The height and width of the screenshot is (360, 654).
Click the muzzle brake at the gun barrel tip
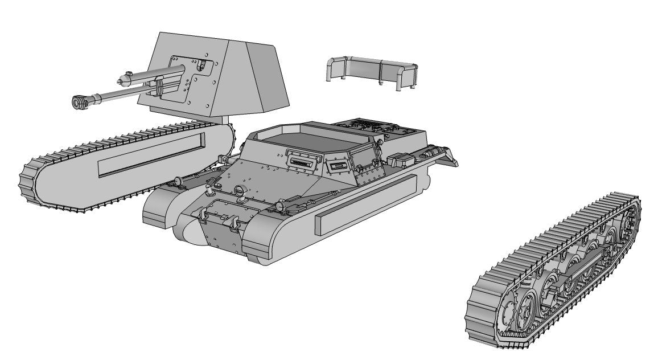tap(79, 102)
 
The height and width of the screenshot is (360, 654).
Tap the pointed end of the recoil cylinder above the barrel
tap(121, 80)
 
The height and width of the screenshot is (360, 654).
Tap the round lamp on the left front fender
tap(177, 181)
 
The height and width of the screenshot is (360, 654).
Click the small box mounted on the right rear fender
tap(400, 161)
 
